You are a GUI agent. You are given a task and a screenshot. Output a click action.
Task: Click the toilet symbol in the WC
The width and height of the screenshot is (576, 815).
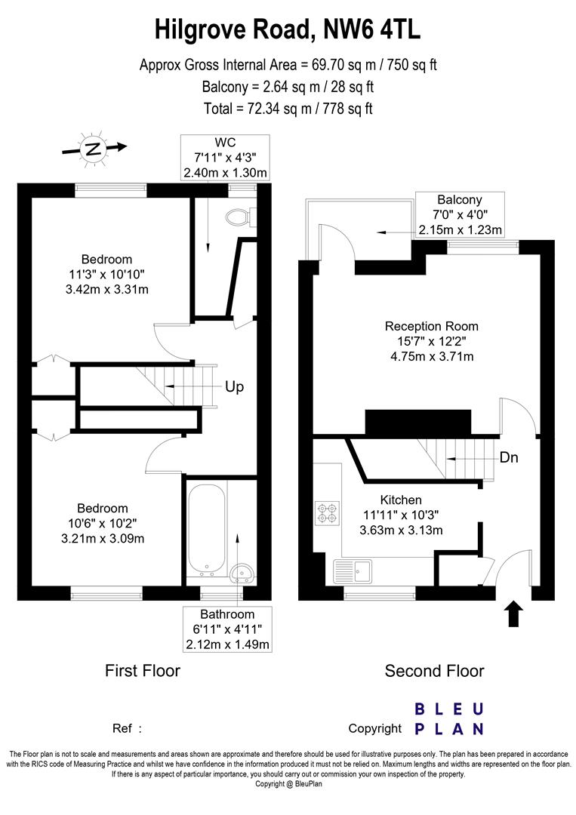coord(240,217)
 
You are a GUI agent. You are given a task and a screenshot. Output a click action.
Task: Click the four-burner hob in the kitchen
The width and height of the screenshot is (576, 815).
coord(327,512)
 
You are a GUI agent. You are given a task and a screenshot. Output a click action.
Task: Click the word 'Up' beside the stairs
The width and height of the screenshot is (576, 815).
coord(234,386)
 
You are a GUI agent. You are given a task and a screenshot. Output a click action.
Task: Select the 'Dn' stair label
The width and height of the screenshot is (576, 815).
coord(508,457)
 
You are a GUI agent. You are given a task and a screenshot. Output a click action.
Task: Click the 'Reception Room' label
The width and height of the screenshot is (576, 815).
coord(431,327)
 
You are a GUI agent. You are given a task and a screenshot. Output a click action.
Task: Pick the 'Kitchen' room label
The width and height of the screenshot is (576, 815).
coord(401,500)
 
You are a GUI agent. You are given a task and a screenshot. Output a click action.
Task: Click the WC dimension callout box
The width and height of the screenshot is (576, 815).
coord(225,157)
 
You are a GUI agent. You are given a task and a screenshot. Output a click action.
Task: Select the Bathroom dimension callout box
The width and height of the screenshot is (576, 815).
coord(227,629)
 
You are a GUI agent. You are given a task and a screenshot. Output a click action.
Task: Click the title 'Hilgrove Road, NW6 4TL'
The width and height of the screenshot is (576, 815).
coord(288,31)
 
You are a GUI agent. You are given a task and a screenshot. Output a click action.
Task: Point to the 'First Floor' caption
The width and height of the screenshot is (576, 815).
coord(142,670)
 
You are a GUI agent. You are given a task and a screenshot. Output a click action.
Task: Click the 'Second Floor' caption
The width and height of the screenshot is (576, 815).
coord(434,670)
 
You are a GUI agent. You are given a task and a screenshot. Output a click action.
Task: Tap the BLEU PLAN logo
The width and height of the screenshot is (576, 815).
coord(449,719)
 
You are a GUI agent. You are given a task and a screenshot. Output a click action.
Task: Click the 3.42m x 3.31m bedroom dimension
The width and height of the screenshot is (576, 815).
coord(112,289)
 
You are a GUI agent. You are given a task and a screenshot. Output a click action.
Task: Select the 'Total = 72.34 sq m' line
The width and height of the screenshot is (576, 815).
coord(288,108)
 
